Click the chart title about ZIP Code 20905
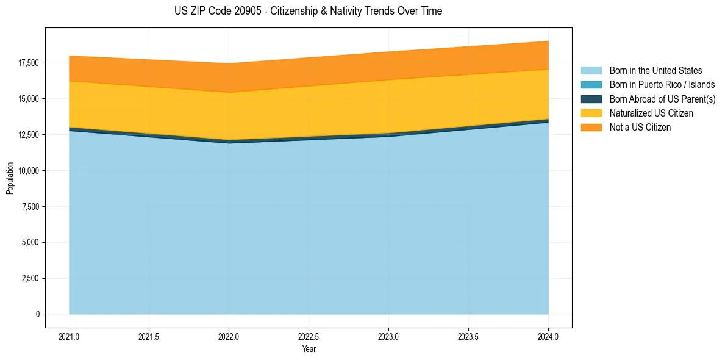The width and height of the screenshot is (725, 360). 308,11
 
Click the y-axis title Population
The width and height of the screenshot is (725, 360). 10,178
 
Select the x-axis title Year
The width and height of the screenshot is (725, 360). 309,350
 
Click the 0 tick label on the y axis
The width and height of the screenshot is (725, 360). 37,314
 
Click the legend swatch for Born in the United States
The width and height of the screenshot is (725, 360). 591,71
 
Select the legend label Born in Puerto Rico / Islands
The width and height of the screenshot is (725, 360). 662,85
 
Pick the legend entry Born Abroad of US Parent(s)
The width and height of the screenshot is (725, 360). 662,99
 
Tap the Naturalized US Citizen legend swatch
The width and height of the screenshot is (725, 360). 591,113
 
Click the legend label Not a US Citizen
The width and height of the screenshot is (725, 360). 640,128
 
